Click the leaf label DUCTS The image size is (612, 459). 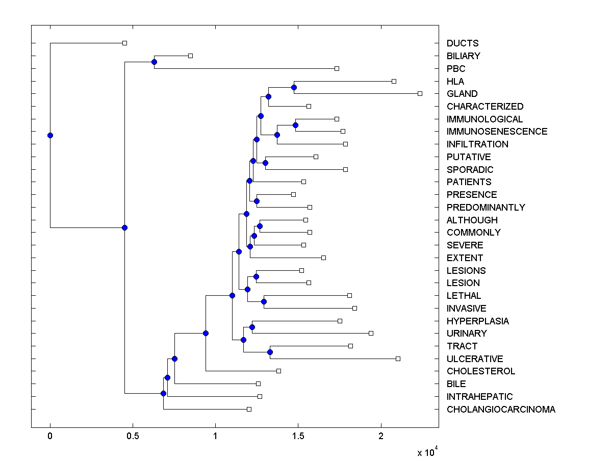(463, 43)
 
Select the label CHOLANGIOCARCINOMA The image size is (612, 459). (501, 409)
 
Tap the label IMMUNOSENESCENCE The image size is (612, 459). (497, 132)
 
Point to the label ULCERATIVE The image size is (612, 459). (475, 359)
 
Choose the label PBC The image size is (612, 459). (456, 68)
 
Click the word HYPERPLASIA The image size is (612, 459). (477, 321)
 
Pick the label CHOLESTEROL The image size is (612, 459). (481, 371)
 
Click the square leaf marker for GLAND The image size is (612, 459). (420, 93)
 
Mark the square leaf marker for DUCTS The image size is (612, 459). (124, 43)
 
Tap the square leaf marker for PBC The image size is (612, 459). (337, 68)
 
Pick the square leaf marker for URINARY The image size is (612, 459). (371, 333)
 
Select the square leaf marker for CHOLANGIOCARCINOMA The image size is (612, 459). (249, 409)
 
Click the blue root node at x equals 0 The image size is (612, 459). (50, 135)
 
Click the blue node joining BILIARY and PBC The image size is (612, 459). (154, 62)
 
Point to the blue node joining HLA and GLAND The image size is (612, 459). (294, 87)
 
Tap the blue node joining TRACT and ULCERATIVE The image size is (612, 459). (270, 352)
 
